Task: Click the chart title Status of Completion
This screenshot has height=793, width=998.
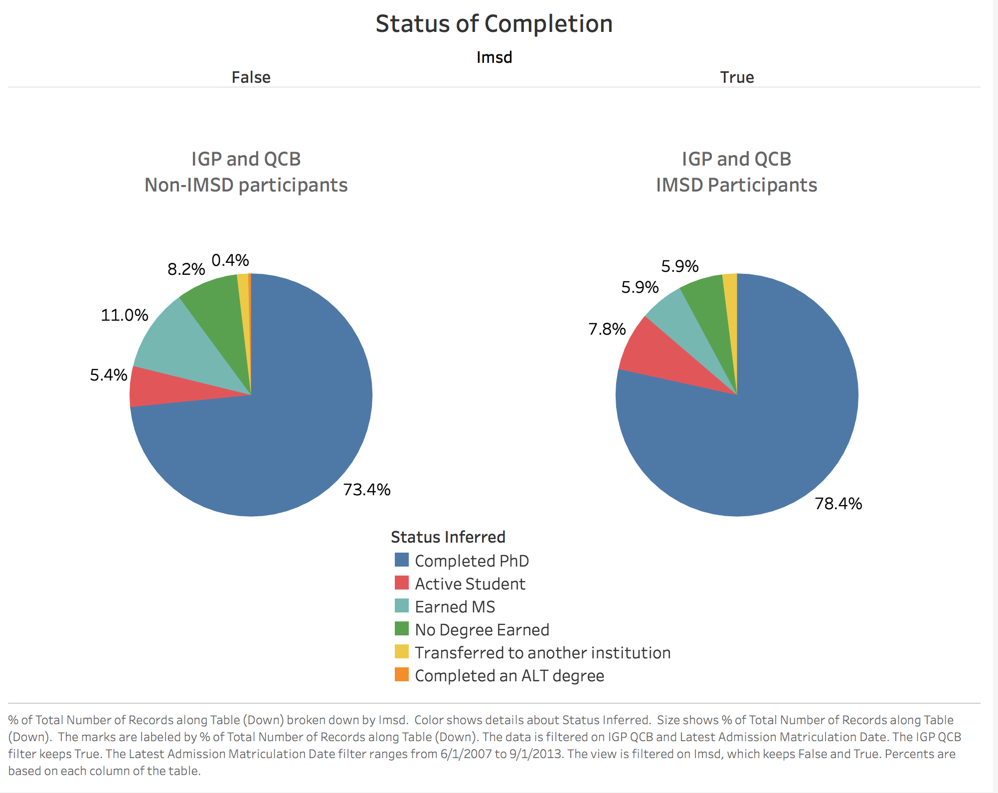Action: tap(494, 23)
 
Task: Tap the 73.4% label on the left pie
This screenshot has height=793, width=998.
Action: tap(366, 489)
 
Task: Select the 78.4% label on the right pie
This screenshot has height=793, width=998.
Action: tap(838, 503)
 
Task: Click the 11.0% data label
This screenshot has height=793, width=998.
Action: tap(124, 315)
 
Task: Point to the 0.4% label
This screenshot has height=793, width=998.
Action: tap(230, 260)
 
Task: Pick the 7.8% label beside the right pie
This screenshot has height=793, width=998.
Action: tap(607, 329)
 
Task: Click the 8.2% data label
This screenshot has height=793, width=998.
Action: tap(186, 269)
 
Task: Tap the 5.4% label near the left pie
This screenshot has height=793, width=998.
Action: tap(108, 375)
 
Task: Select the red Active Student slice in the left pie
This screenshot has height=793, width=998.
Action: tap(165, 389)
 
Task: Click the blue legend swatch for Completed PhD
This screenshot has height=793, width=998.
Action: tap(401, 560)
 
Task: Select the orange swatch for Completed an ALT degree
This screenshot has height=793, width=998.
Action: tap(401, 674)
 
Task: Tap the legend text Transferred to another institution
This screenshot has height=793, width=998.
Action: tap(542, 652)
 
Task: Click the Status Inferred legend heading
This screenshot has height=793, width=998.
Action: tap(448, 537)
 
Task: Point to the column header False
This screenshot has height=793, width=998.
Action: tap(251, 77)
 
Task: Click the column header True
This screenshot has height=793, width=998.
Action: tap(736, 77)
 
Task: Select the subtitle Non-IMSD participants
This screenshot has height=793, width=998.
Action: tap(246, 185)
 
